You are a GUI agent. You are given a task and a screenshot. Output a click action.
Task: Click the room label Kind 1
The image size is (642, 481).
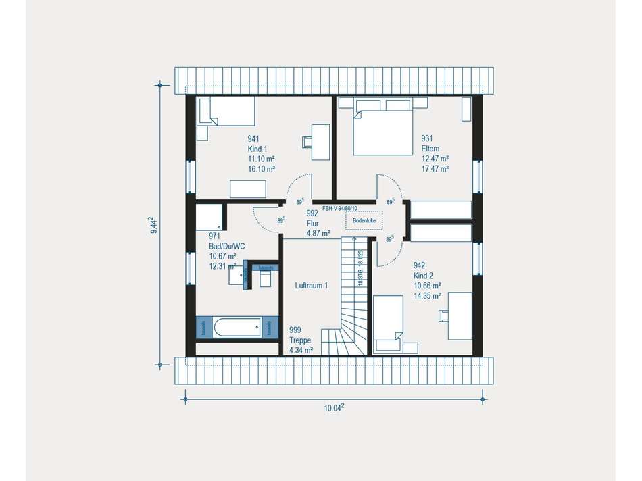click(x=257, y=149)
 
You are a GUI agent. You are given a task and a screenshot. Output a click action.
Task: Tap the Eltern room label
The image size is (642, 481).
click(x=430, y=149)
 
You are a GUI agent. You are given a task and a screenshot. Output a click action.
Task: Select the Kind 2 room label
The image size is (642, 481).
click(x=424, y=276)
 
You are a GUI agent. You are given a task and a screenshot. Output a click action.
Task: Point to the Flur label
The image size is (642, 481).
click(x=312, y=223)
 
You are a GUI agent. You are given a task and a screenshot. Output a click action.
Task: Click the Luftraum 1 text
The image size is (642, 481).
click(x=312, y=286)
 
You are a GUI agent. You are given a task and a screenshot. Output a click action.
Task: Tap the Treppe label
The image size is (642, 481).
click(x=300, y=340)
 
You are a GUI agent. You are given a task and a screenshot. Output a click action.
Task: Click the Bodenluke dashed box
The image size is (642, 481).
click(x=364, y=220)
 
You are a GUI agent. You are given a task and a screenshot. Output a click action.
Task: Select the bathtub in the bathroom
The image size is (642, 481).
click(x=237, y=328)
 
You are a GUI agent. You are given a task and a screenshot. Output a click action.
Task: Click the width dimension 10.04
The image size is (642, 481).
click(x=333, y=407)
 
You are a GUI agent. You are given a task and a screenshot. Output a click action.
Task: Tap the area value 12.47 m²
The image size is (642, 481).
click(x=435, y=159)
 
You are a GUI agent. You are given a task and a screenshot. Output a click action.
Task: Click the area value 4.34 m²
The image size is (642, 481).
click(x=301, y=350)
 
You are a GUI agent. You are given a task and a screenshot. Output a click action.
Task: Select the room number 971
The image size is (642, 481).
click(x=215, y=236)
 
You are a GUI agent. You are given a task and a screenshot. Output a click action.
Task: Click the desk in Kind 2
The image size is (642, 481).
click(x=461, y=315)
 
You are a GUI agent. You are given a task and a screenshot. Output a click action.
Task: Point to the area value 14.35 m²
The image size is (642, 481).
click(x=427, y=295)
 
